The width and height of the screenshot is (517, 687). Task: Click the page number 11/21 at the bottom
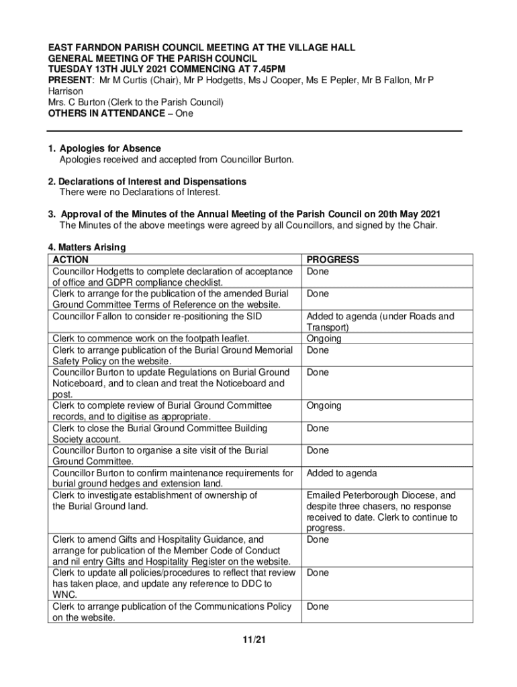[x=255, y=639]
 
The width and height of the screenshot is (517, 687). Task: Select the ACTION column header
[x=70, y=260]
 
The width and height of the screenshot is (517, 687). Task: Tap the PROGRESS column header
[x=332, y=260]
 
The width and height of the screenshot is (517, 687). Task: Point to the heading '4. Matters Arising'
[x=87, y=248]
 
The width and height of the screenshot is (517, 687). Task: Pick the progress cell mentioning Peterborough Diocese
[x=381, y=512]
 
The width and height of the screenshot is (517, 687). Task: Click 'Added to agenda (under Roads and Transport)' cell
[x=380, y=322]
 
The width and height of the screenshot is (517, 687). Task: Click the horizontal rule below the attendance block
[x=255, y=131]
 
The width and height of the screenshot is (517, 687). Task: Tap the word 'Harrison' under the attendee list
[x=65, y=91]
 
